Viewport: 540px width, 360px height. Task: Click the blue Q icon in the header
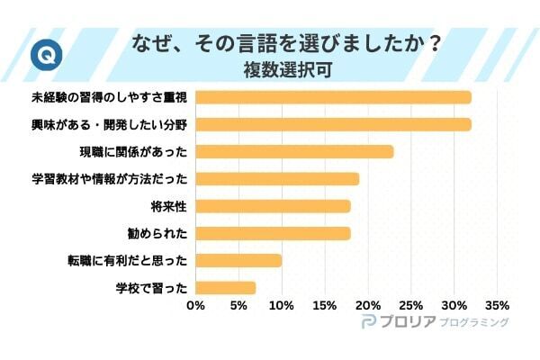pos(41,54)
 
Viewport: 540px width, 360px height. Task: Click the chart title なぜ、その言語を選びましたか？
pos(286,42)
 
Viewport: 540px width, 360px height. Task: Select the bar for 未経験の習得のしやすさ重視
pos(333,96)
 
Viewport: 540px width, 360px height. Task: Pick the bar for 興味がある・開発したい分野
pos(333,124)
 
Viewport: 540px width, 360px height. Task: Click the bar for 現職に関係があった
pos(294,151)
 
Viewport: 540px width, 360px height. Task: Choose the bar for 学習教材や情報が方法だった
pos(277,178)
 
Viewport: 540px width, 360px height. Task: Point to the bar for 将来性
pos(273,206)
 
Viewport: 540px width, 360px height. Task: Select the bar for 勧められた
pos(273,233)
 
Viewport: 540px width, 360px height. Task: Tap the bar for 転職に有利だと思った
pos(238,261)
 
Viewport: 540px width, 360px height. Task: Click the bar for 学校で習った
pos(225,288)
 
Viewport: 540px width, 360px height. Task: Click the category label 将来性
pos(168,206)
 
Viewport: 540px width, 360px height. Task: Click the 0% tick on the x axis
pos(195,305)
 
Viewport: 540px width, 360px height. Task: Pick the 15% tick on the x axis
pos(325,305)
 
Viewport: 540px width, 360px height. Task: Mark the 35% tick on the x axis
pos(497,305)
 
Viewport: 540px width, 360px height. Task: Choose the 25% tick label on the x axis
pos(410,305)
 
